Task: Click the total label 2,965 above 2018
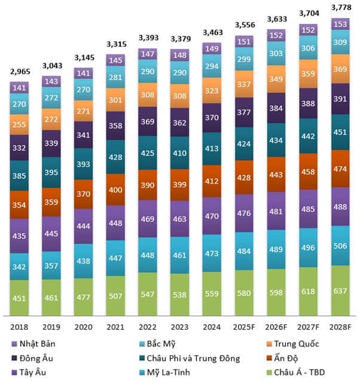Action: point(20,72)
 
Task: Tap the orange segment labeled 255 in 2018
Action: point(20,124)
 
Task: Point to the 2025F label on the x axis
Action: point(244,327)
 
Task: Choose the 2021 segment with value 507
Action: point(115,294)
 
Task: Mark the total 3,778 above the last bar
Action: point(340,8)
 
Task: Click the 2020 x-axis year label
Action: point(84,327)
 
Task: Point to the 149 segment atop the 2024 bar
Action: point(212,48)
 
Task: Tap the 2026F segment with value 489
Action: point(276,249)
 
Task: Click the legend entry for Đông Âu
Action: point(33,358)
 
